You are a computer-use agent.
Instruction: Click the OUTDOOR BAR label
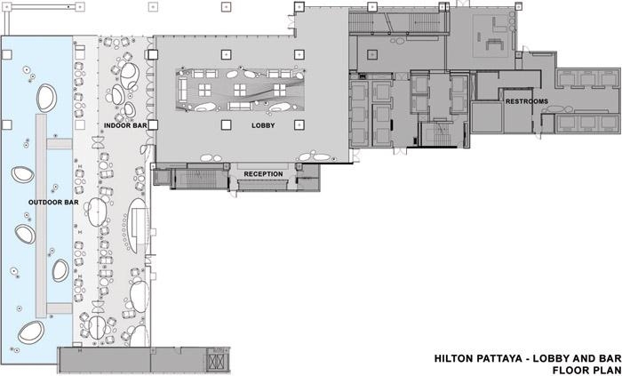coord(53,203)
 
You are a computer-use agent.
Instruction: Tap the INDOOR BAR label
coord(125,125)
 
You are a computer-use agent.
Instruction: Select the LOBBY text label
coord(263,125)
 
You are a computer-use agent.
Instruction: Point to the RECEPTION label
coord(263,174)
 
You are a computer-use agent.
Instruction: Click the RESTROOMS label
coord(527,101)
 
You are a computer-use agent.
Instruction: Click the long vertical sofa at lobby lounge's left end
coord(183,89)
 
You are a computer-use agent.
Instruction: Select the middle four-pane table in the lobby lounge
coord(240,90)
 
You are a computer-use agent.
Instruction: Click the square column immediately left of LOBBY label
coord(226,125)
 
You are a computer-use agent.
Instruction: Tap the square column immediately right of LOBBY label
coord(299,125)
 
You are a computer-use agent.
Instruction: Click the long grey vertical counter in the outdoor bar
coord(41,216)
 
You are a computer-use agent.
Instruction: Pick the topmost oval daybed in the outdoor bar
coord(47,98)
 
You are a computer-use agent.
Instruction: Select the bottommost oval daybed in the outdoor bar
coord(31,332)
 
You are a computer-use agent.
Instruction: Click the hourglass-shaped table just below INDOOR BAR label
coord(98,142)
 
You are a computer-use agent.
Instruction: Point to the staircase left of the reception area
coord(198,178)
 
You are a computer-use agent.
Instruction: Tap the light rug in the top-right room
coord(492,36)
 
